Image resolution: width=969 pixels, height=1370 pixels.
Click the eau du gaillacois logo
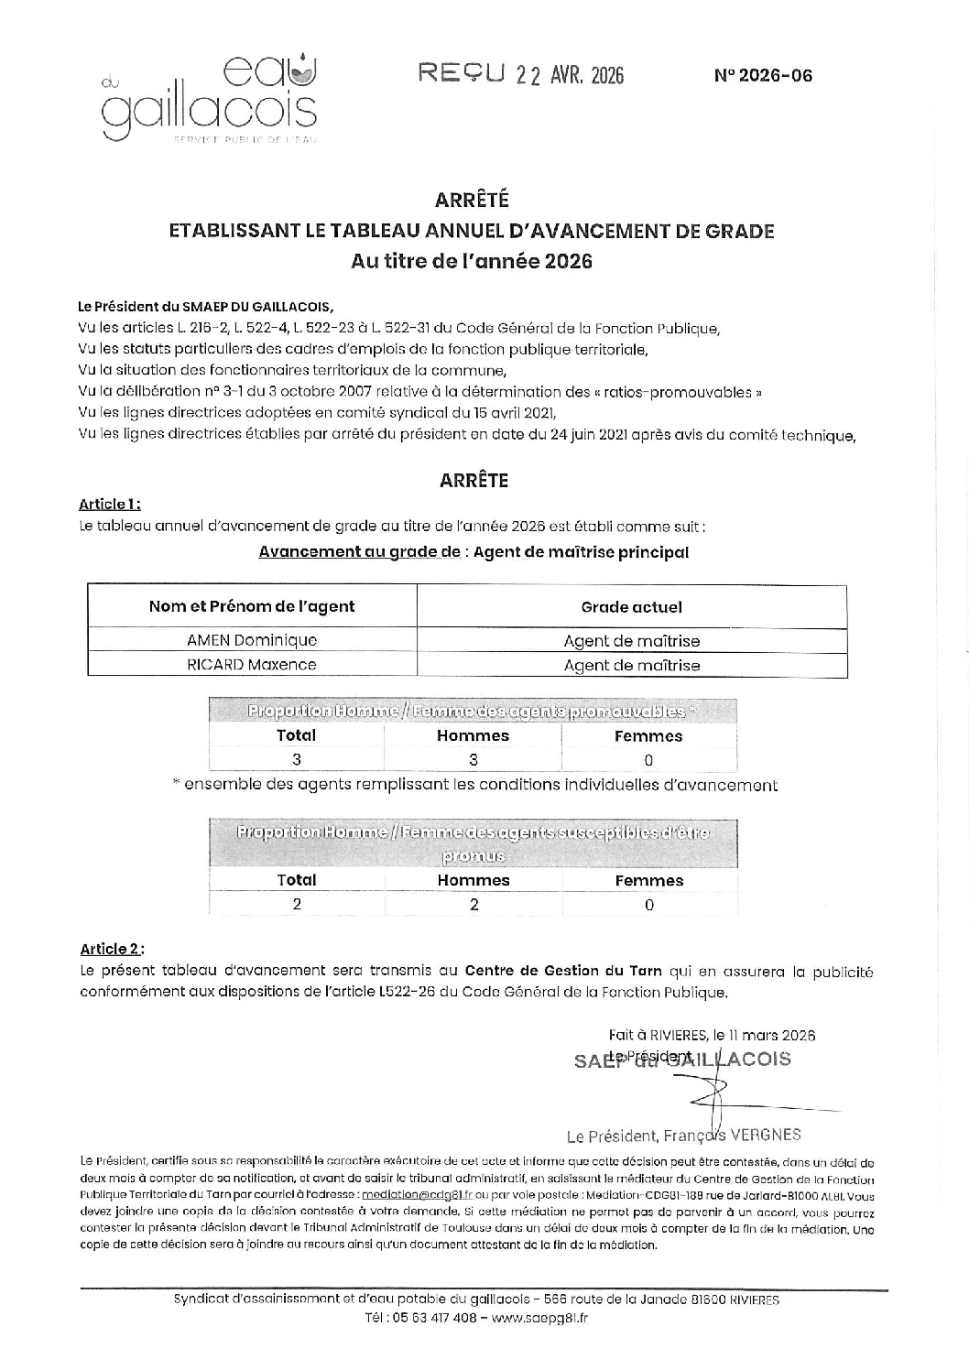(x=210, y=99)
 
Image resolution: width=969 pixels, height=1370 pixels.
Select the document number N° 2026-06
(x=762, y=76)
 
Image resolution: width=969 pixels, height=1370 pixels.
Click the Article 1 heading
(x=109, y=504)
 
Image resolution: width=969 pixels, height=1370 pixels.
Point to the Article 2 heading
(x=111, y=949)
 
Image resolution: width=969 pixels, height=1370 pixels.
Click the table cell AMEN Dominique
(x=252, y=640)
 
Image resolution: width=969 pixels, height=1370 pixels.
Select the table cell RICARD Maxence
(x=252, y=665)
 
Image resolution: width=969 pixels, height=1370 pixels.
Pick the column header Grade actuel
(x=631, y=606)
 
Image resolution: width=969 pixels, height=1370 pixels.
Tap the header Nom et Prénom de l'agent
(x=252, y=606)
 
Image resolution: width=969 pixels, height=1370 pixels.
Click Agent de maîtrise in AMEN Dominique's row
(x=631, y=641)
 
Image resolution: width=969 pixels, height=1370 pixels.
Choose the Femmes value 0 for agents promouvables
(x=648, y=759)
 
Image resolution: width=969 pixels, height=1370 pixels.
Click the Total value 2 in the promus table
(x=297, y=904)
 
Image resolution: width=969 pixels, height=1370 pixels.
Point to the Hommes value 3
(x=473, y=759)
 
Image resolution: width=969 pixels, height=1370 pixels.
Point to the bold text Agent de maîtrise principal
(x=581, y=552)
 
